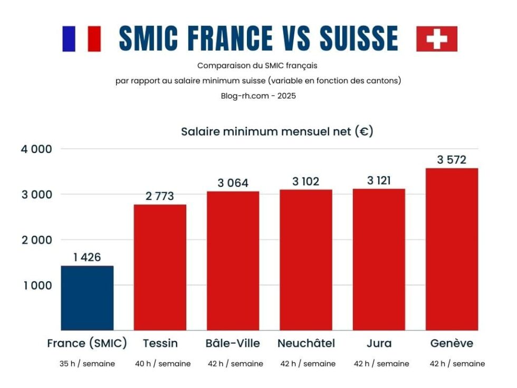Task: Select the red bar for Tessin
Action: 160,267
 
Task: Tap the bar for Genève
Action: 452,249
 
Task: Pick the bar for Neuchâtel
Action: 306,260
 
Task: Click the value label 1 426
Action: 87,258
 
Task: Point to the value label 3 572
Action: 452,159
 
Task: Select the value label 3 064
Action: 233,183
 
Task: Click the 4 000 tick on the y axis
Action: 36,149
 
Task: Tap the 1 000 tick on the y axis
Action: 36,286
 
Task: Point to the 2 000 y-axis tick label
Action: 36,240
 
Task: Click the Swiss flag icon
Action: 436,39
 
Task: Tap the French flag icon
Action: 81,39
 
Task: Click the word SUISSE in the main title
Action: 359,39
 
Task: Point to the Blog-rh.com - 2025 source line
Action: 258,96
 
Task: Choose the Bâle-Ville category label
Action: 233,344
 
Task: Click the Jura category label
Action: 379,344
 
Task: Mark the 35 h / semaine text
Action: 87,364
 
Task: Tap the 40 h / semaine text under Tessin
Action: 160,364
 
